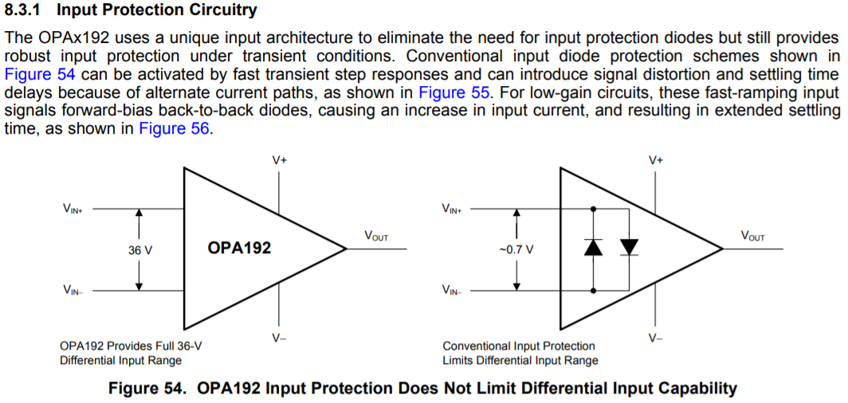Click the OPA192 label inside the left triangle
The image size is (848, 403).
[x=239, y=248]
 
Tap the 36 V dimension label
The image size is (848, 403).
[x=140, y=250]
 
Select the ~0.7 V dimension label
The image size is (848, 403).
[x=516, y=250]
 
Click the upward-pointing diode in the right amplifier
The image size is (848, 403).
[x=593, y=247]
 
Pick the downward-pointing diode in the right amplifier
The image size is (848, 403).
[x=630, y=247]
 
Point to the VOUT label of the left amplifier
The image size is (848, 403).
[x=376, y=237]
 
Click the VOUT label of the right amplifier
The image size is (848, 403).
[x=752, y=237]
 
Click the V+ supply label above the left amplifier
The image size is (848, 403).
[x=279, y=159]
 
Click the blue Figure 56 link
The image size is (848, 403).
[x=175, y=128]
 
